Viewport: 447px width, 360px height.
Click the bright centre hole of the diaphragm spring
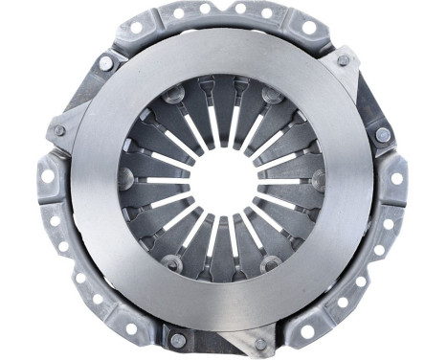pyautogui.click(x=221, y=179)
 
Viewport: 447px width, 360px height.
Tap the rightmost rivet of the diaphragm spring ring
pyautogui.click(x=318, y=178)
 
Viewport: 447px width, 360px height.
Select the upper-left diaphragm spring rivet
pyautogui.click(x=173, y=95)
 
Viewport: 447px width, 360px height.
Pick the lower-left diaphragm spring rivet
pyautogui.click(x=172, y=261)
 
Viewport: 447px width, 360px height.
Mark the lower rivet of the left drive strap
pyautogui.click(x=59, y=130)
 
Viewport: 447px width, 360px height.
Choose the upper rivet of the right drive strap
pyautogui.click(x=343, y=59)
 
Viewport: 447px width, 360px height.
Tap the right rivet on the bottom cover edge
pyautogui.click(x=260, y=342)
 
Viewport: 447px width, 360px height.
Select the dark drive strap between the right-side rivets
pyautogui.click(x=368, y=96)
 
